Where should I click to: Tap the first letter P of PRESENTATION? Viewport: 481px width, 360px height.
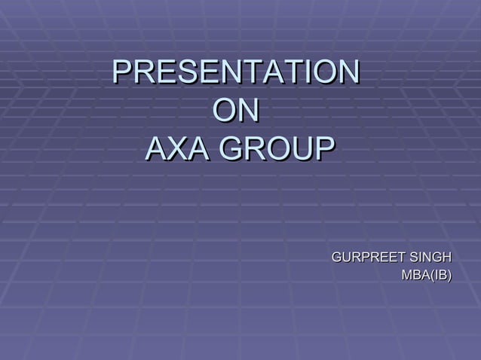[121, 73]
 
